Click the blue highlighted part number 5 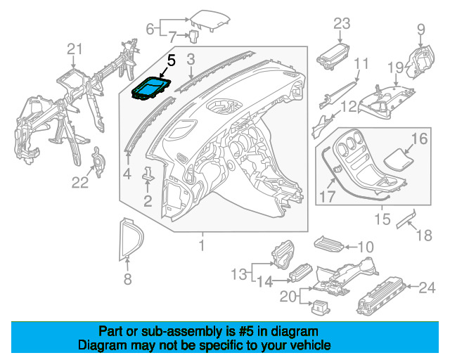coord(151,89)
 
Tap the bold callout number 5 coord(171,61)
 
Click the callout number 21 coord(75,49)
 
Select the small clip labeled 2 coord(148,174)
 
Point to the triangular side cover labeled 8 coord(131,239)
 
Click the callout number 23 coord(342,24)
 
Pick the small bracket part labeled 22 coord(98,162)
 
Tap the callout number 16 coord(420,139)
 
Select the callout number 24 coord(427,288)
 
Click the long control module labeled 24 coord(381,296)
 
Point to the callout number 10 coord(366,247)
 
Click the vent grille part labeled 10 coord(329,244)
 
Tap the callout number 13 coord(239,274)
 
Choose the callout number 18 coord(424,236)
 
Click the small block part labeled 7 coord(193,36)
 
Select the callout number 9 coord(420,30)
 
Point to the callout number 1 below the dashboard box coord(202,245)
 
